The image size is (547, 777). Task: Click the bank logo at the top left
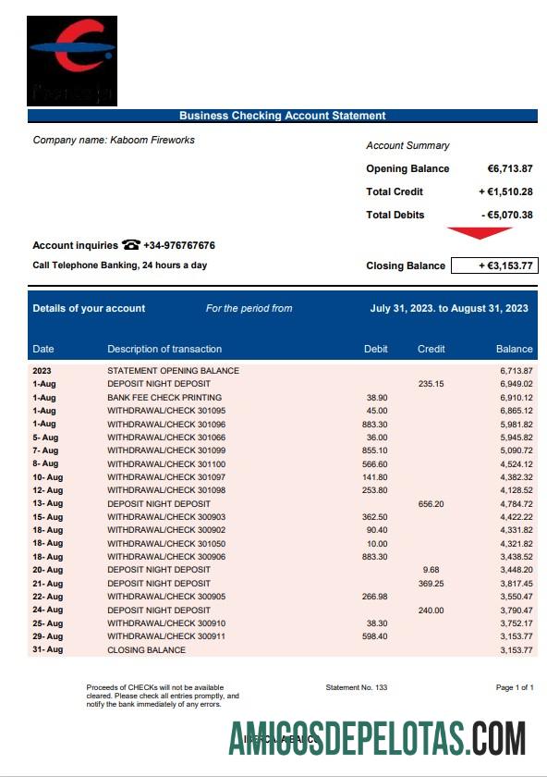[x=72, y=60]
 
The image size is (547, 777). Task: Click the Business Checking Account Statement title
[x=282, y=116]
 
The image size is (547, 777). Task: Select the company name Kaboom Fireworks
[x=152, y=141]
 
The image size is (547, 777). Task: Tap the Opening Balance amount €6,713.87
[x=510, y=168]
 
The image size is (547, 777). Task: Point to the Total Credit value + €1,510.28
[x=505, y=191]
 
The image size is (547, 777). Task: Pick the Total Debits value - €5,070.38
[x=507, y=215]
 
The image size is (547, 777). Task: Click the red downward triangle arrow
[x=479, y=233]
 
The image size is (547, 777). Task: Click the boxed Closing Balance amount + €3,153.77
[x=493, y=265]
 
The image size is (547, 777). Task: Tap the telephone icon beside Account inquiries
[x=130, y=245]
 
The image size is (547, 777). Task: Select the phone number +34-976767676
[x=179, y=246]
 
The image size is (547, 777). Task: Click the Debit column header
[x=376, y=349]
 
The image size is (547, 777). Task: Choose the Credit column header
[x=431, y=349]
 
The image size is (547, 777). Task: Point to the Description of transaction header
[x=164, y=349]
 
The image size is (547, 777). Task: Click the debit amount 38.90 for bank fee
[x=377, y=397]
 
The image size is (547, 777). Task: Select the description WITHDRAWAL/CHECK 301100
[x=166, y=463]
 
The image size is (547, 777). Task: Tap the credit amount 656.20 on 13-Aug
[x=431, y=504]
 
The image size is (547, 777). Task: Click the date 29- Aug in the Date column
[x=48, y=636]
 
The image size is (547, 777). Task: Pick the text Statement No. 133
[x=357, y=687]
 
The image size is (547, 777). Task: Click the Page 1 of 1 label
[x=515, y=687]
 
